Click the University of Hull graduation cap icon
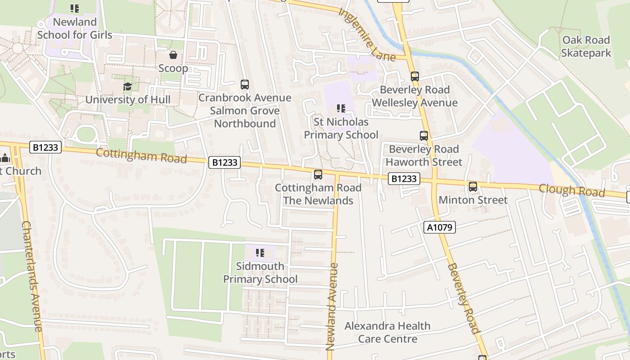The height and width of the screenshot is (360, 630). pos(128,86)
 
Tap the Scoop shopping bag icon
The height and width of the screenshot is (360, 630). pos(173,55)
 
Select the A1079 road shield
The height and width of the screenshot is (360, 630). pos(440,227)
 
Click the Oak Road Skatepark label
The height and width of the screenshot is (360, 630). pos(586,46)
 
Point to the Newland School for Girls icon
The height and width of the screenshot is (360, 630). pos(75,8)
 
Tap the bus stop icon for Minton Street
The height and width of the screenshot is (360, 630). pos(472,186)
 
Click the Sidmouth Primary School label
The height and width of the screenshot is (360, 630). pos(260,273)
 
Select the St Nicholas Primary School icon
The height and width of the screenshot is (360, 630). pos(341,108)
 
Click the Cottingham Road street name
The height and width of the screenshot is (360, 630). pos(141,156)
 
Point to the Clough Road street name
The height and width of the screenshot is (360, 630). pos(571,190)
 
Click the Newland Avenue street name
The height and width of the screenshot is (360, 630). pos(332,306)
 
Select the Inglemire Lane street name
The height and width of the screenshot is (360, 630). pos(367,34)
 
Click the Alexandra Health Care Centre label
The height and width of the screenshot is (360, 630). pos(387,332)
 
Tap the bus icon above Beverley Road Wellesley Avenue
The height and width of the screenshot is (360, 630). pos(414,76)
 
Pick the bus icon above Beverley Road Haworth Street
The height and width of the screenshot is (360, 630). pos(423,135)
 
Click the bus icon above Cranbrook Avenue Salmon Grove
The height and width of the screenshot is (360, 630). pos(244,85)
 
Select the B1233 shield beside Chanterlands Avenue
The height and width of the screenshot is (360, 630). pos(45,147)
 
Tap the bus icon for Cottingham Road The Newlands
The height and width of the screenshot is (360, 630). pos(318,174)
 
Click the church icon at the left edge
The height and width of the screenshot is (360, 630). pos(5,158)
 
